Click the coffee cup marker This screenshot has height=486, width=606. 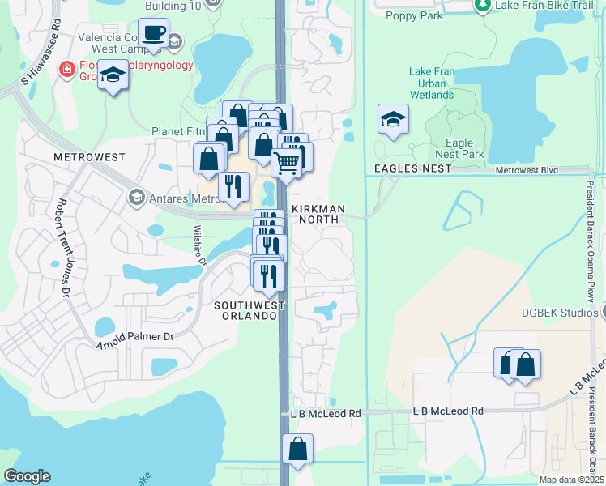coord(153,34)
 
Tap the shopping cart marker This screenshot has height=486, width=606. coord(288,163)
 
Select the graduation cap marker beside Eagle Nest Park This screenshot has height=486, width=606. coord(393,120)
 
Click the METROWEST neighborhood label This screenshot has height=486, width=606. coord(80,156)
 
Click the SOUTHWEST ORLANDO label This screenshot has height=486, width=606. coord(250,310)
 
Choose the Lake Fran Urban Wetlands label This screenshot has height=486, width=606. coord(432,83)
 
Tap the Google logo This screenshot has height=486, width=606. coord(27,476)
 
